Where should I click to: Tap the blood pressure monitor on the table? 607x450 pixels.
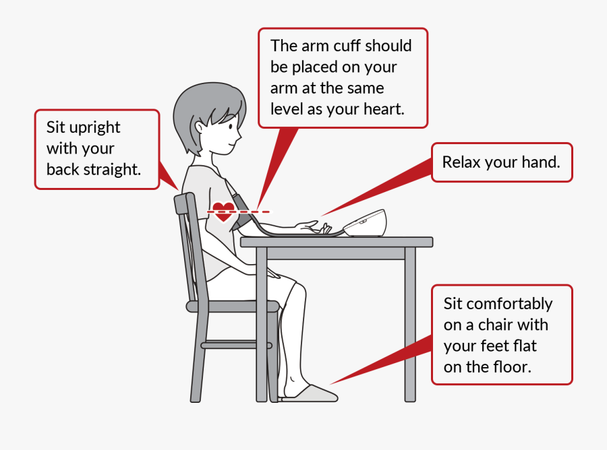point(365,224)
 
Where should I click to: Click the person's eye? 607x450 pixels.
point(231,127)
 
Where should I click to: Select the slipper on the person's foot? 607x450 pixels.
point(310,393)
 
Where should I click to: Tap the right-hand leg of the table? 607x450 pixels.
point(410,325)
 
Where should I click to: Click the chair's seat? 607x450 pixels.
point(233,307)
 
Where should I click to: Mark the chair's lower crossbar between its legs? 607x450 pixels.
point(237,345)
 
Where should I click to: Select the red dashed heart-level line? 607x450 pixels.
point(239,212)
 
